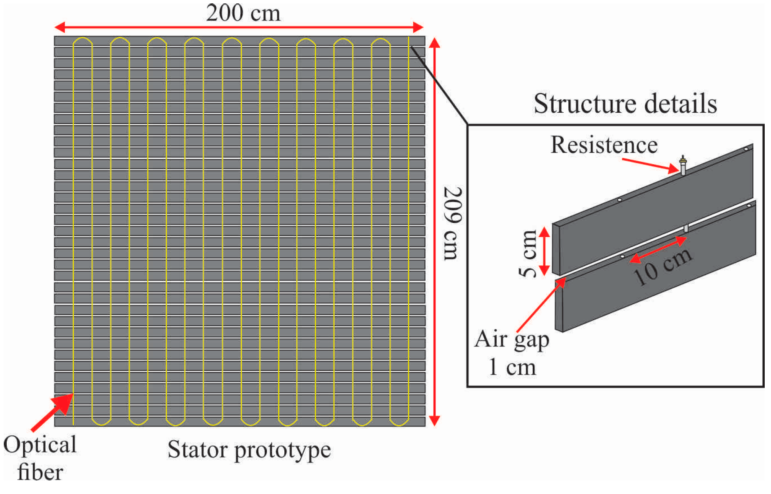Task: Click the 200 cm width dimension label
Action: tap(243, 13)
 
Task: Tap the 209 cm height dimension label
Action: tap(453, 223)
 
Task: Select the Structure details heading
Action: tap(625, 103)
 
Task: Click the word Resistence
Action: tap(603, 145)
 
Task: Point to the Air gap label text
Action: tap(511, 339)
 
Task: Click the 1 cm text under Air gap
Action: tap(512, 367)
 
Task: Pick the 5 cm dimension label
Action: tap(527, 253)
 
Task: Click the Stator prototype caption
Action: tap(249, 450)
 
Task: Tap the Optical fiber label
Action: tap(40, 458)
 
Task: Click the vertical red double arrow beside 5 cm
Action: tap(544, 251)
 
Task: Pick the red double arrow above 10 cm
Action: tap(658, 250)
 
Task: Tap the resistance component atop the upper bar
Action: tap(683, 166)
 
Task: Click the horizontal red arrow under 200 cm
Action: tap(239, 28)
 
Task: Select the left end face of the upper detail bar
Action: tap(556, 249)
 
